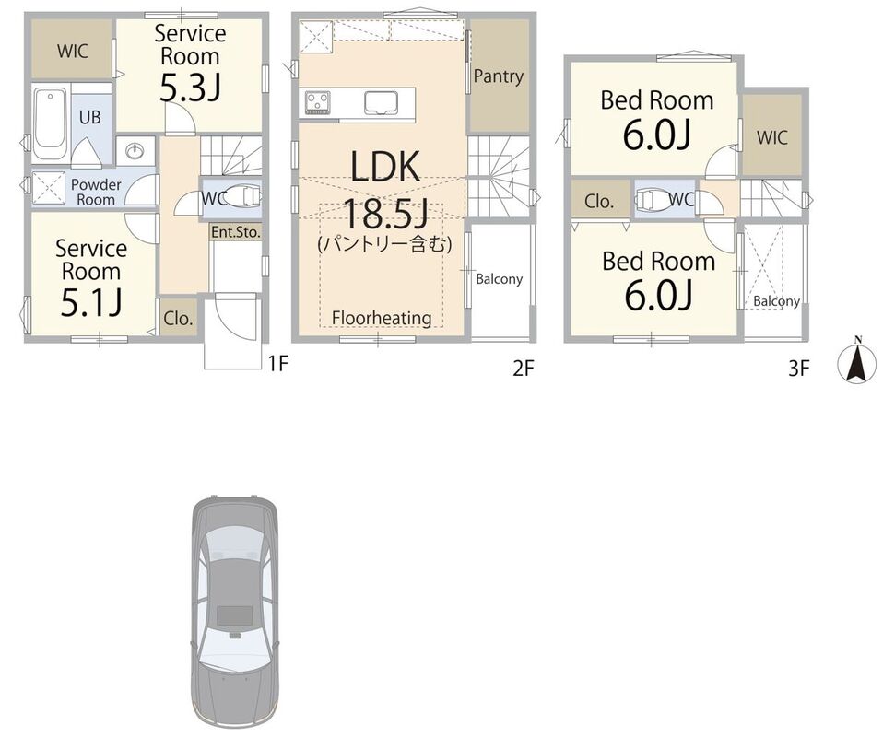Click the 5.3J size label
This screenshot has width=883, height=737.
pos(190,88)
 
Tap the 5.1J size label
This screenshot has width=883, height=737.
pos(90,303)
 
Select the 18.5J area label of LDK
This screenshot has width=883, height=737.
pos(385,214)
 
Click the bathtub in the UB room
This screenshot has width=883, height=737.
pos(51,123)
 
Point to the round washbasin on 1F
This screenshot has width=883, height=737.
pos(135,151)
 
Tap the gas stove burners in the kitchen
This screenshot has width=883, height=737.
pos(318,102)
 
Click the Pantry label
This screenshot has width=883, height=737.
pos(499,76)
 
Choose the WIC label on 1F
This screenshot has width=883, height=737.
pos(73,52)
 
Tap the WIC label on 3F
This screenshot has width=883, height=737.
pos(771,137)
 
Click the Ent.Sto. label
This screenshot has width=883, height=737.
pos(236,231)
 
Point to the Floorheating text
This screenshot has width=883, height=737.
pos(382,318)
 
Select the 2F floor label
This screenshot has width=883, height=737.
pos(523,368)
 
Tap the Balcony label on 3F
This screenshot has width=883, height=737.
pos(777,301)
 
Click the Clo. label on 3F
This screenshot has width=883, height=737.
pos(598,201)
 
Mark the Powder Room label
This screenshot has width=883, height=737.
pos(96,192)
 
